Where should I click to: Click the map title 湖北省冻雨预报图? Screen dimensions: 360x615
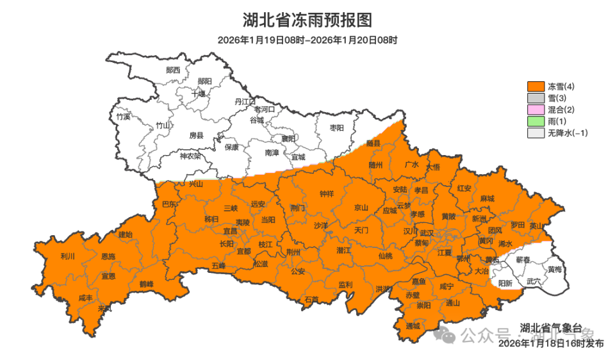(x=307, y=20)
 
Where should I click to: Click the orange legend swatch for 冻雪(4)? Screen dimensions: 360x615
(x=536, y=86)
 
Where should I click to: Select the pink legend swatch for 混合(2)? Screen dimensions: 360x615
(x=536, y=110)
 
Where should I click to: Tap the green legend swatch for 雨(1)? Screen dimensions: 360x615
(x=536, y=122)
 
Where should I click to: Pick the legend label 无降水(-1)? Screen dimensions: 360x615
(x=567, y=133)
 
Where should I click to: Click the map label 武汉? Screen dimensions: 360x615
(x=427, y=233)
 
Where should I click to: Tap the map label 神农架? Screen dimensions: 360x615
(x=190, y=156)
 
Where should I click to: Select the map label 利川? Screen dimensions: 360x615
(x=67, y=256)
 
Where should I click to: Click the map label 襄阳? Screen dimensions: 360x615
(x=289, y=138)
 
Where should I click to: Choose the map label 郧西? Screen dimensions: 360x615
(x=173, y=70)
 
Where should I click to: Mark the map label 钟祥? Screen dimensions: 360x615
(x=327, y=193)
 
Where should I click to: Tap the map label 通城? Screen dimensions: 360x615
(x=413, y=325)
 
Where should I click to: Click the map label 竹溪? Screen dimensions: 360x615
(x=123, y=117)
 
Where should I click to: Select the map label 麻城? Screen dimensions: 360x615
(x=487, y=199)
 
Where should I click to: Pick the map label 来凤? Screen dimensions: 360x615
(x=104, y=308)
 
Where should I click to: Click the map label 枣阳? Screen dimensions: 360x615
(x=337, y=128)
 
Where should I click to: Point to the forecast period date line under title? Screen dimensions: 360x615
(x=307, y=40)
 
